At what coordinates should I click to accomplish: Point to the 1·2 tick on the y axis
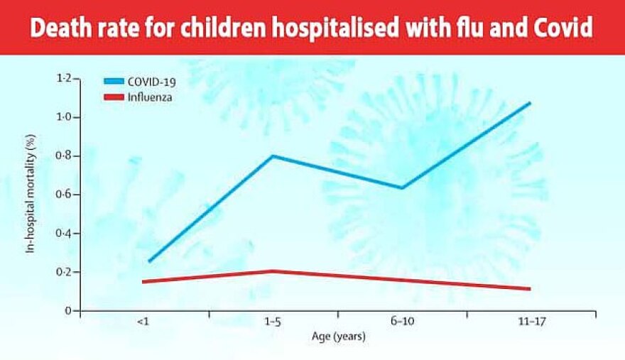[x=64, y=78]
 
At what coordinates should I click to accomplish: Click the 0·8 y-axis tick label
[x=64, y=156]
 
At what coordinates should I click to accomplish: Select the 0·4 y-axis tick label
[x=64, y=233]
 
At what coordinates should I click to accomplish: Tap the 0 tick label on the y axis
[x=68, y=310]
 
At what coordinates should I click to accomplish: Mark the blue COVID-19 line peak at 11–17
[x=530, y=103]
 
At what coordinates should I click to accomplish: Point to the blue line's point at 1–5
[x=273, y=156]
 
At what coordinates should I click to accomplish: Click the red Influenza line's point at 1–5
[x=273, y=271]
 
